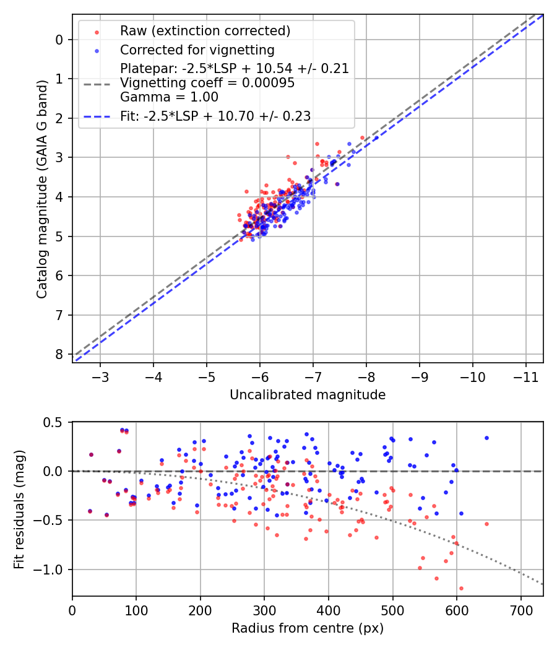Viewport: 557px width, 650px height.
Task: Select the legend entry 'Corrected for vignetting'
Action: (197, 50)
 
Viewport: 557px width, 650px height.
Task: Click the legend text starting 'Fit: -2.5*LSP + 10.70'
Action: (215, 116)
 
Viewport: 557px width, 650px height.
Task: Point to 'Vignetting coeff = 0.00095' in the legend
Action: (207, 83)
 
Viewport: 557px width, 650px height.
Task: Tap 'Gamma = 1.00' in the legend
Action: (169, 97)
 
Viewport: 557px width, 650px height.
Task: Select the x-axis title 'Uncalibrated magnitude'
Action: (308, 395)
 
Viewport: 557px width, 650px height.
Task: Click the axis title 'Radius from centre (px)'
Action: (308, 628)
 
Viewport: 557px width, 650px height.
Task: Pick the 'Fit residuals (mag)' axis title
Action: (19, 508)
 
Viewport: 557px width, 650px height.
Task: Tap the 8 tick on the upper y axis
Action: (59, 354)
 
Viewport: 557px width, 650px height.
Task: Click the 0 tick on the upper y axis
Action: (59, 40)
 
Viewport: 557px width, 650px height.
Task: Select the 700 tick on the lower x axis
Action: (520, 609)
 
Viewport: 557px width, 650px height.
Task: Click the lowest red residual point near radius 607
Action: (461, 588)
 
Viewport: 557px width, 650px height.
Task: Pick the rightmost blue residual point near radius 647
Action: (486, 438)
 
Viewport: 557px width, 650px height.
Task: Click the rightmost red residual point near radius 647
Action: (486, 524)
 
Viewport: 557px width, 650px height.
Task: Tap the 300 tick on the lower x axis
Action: (264, 609)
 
